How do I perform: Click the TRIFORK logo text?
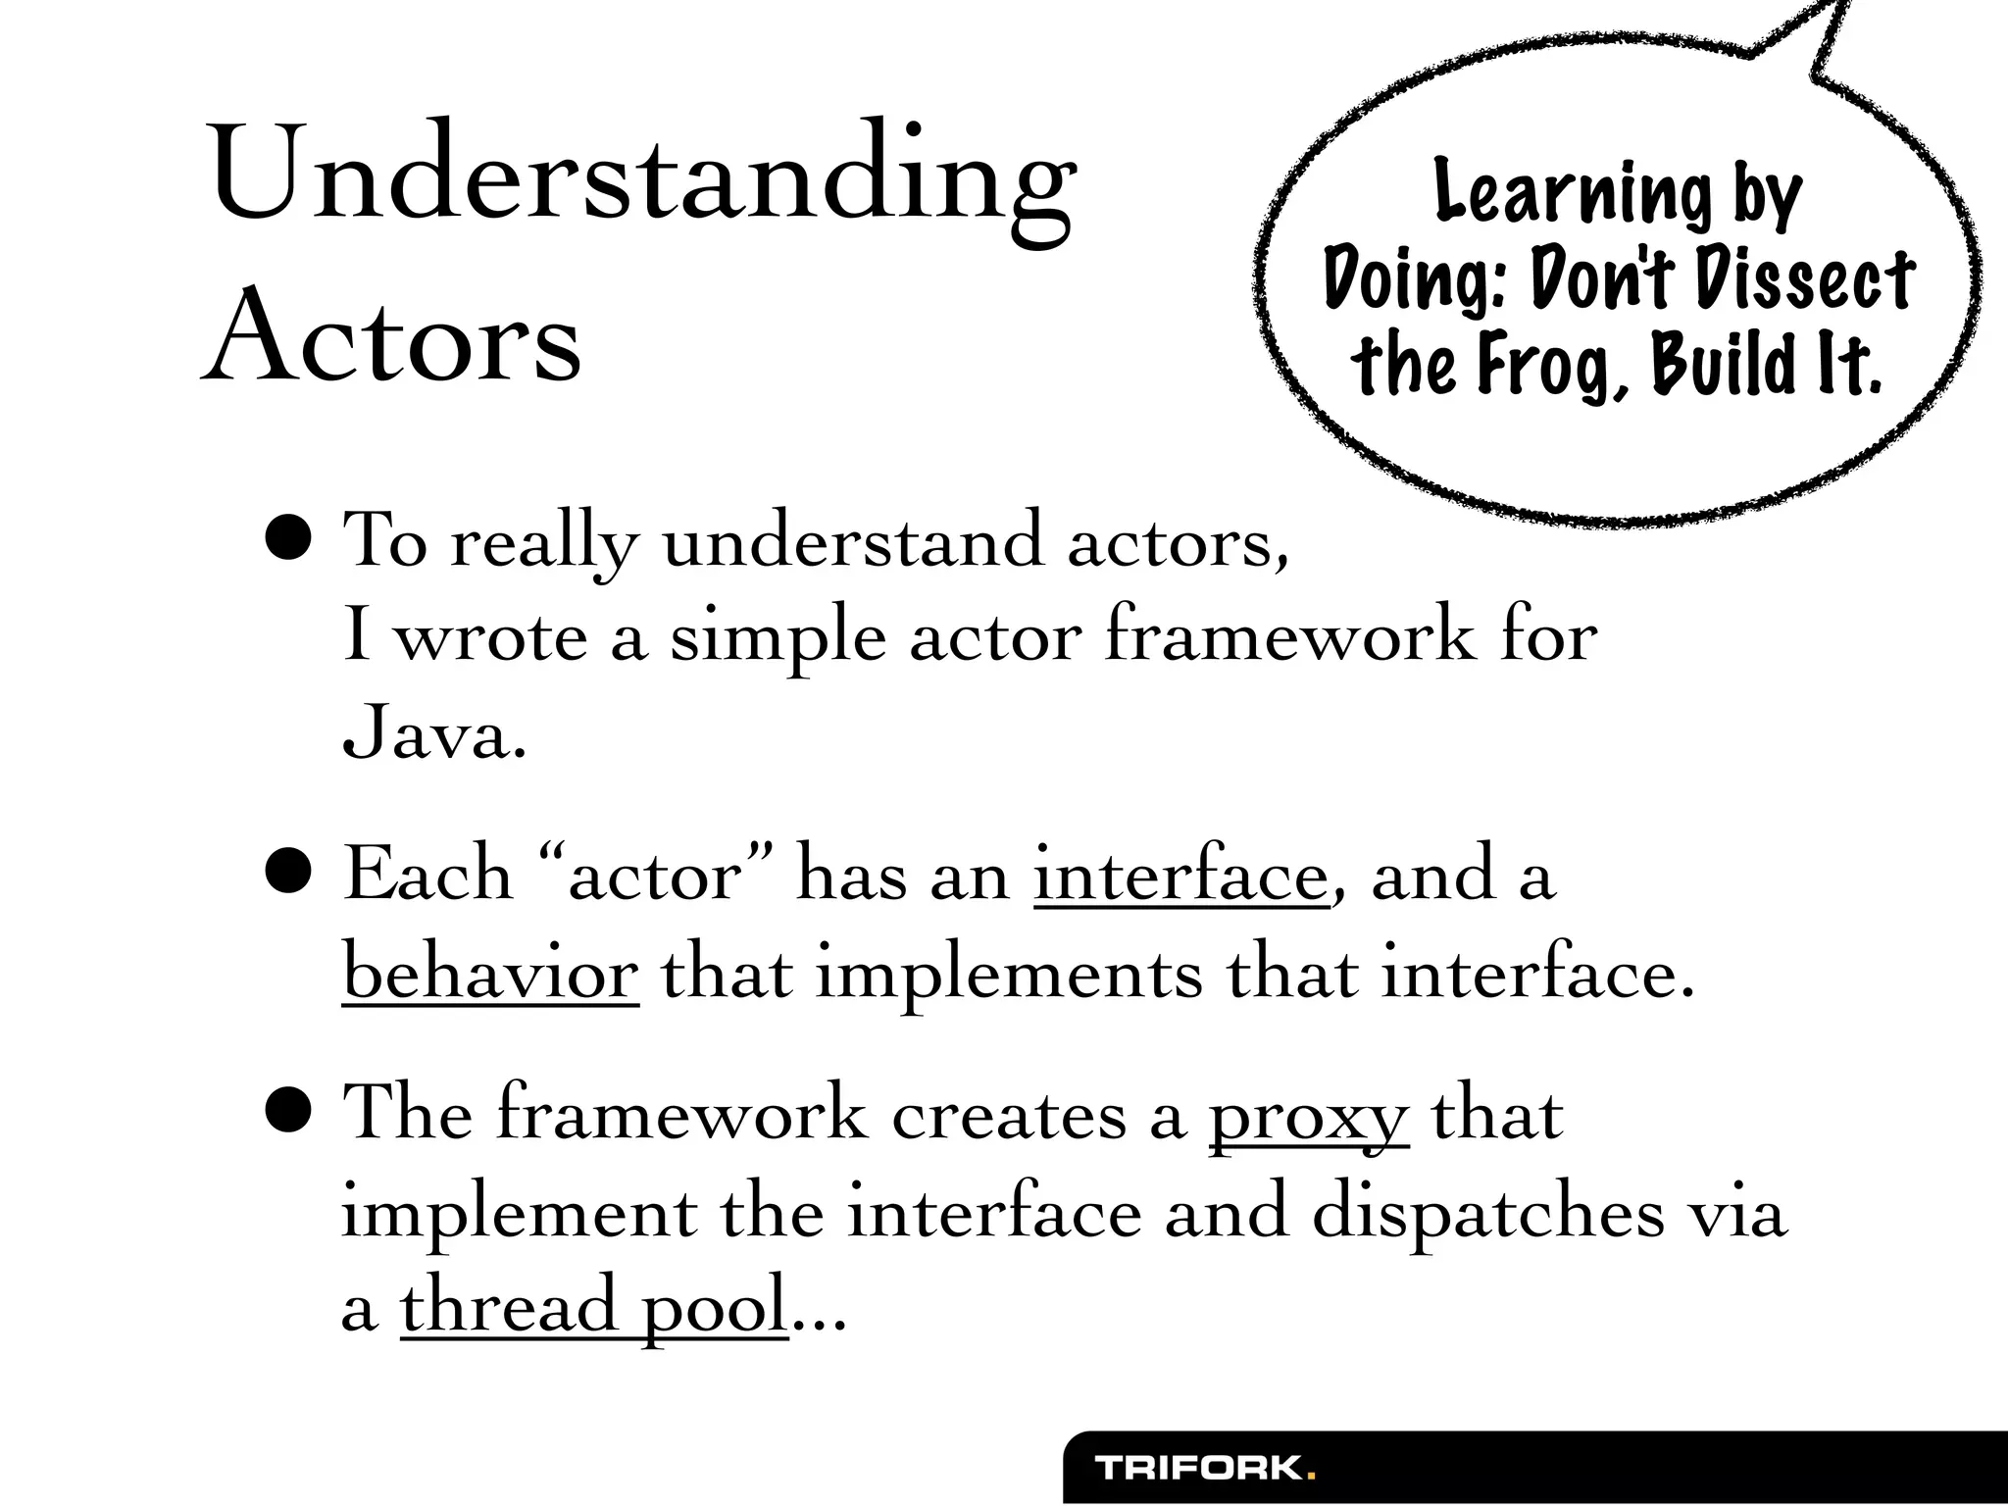pos(1198,1468)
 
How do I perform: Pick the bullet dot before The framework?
pos(289,1111)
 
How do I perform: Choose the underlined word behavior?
pos(490,974)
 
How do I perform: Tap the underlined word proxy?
pos(1308,1117)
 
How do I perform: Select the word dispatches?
pos(1487,1214)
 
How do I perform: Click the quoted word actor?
pos(655,874)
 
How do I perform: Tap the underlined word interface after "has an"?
pos(1180,874)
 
